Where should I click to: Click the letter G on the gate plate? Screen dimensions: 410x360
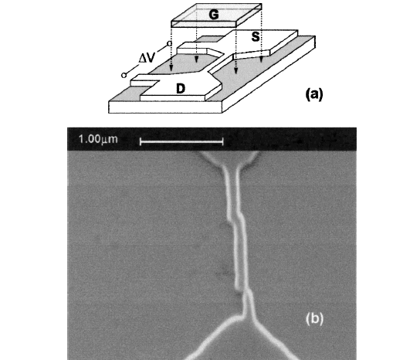tap(214, 15)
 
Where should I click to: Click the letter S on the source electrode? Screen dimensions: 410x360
tap(256, 36)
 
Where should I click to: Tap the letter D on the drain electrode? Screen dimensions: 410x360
tap(181, 89)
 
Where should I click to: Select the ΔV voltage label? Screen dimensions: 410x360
tap(147, 57)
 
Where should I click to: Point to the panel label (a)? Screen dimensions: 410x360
tap(314, 94)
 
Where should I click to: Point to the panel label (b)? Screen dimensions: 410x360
tap(314, 319)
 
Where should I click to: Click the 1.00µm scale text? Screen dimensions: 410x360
tap(98, 139)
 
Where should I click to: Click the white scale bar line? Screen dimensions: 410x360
tap(181, 142)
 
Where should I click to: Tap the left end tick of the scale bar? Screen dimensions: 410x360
tap(141, 142)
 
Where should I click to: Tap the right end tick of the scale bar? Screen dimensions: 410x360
tap(222, 142)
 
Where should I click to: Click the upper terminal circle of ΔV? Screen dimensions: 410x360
tap(169, 43)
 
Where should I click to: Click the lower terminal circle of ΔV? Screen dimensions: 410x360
tap(124, 76)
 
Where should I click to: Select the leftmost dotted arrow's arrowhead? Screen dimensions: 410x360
tap(171, 68)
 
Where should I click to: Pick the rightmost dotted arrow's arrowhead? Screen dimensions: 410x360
tap(261, 60)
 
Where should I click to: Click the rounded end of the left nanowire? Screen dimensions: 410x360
tap(239, 287)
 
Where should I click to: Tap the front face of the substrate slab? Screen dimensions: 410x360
tap(165, 107)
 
